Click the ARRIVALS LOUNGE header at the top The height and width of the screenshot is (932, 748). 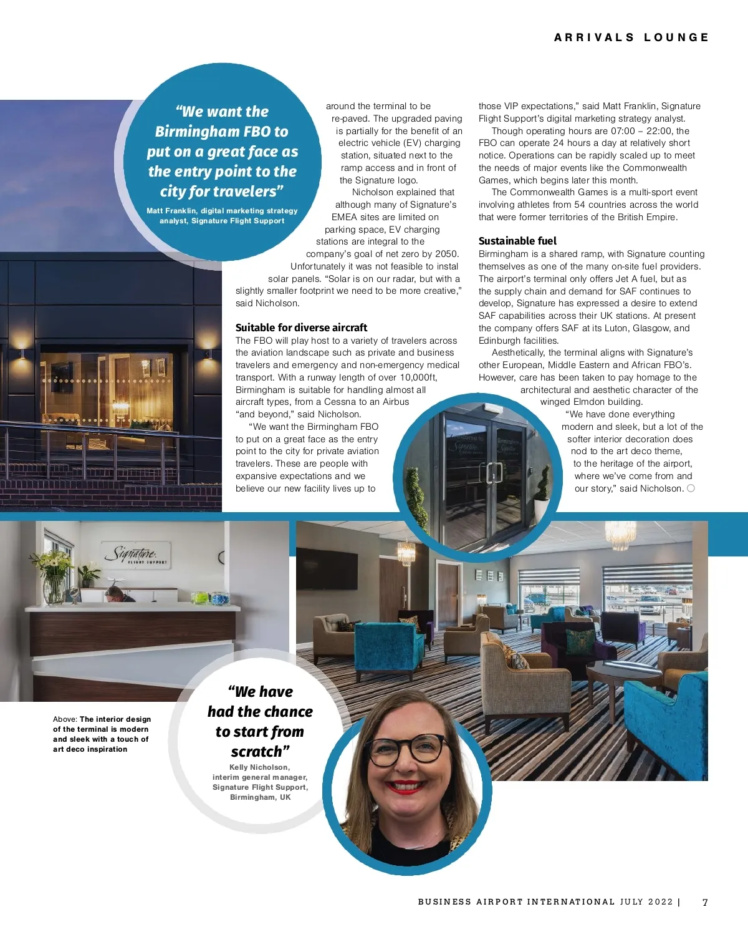(x=631, y=37)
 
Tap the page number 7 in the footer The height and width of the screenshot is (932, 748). (x=705, y=902)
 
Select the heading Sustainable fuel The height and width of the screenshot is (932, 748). (x=517, y=241)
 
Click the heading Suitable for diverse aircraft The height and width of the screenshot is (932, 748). (x=301, y=328)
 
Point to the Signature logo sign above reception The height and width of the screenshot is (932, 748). (x=137, y=554)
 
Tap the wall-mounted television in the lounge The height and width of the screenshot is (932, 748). (x=328, y=568)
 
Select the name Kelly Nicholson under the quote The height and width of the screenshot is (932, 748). (x=259, y=767)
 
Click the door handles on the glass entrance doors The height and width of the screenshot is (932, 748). (x=494, y=473)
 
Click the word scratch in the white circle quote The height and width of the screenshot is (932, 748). (x=256, y=752)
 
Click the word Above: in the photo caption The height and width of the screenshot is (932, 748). (x=65, y=719)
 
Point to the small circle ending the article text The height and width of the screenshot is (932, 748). (x=691, y=488)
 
